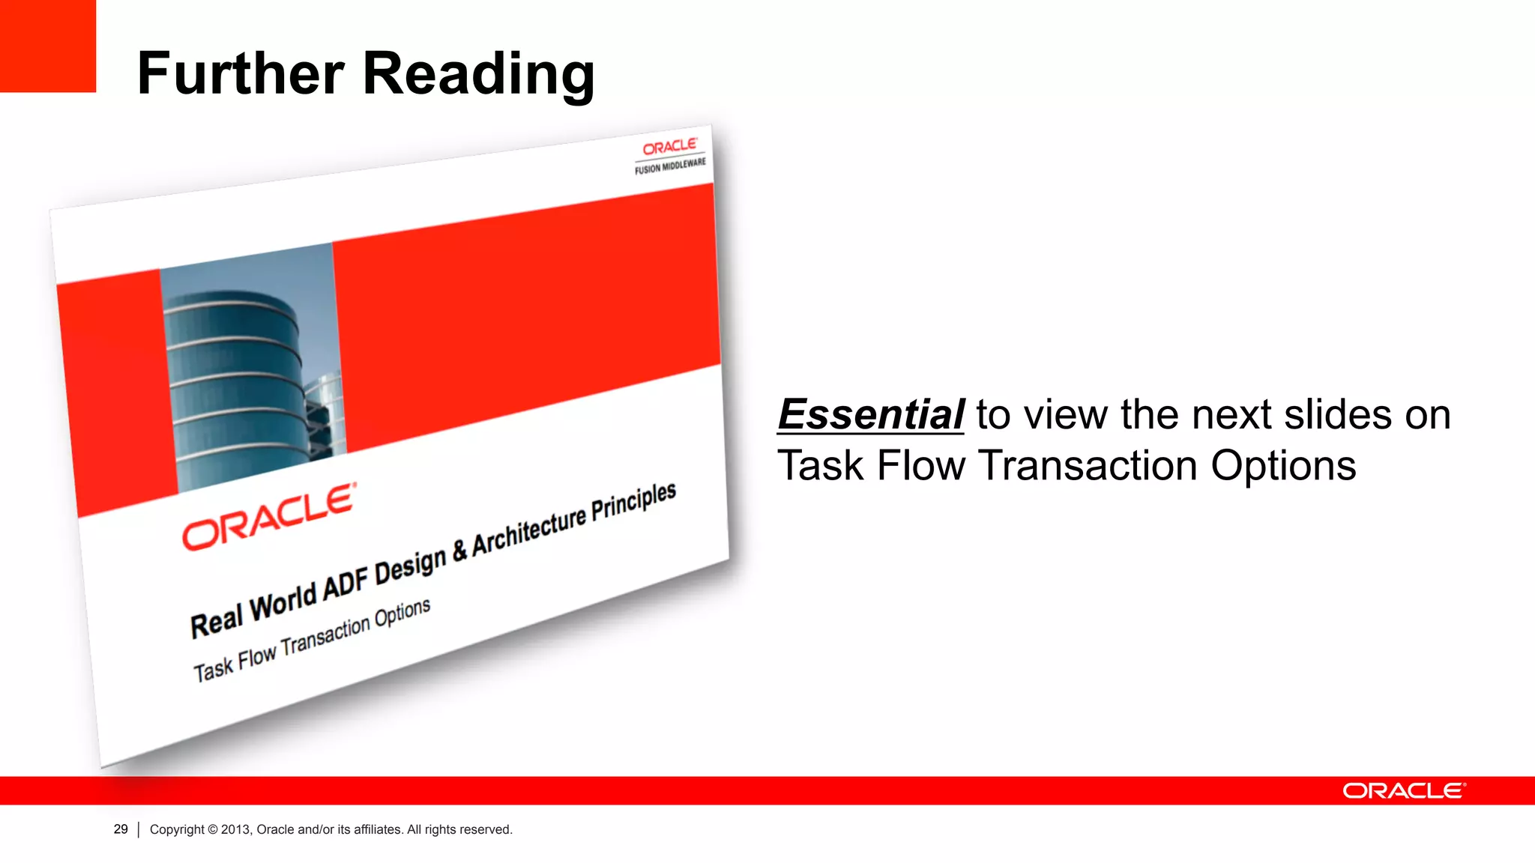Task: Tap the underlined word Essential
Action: (x=871, y=414)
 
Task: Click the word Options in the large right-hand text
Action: (x=1283, y=466)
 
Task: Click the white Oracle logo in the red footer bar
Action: (x=1403, y=791)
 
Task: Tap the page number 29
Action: (x=121, y=829)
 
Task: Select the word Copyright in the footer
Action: (x=177, y=829)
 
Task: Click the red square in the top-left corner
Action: (x=48, y=46)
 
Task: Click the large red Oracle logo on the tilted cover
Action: (x=268, y=516)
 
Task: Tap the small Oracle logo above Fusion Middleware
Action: (x=669, y=145)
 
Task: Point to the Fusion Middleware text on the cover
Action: (x=670, y=166)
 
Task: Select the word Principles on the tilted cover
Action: (x=633, y=502)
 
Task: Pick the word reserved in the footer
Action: (x=486, y=829)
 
